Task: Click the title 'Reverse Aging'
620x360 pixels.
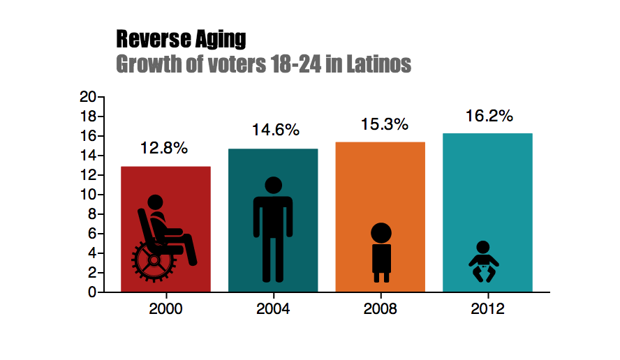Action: pos(181,38)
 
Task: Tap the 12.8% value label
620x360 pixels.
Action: pos(164,149)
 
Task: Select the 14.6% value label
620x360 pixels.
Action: pos(276,130)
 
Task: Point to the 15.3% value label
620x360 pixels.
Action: pos(384,125)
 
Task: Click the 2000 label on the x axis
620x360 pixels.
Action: pos(165,309)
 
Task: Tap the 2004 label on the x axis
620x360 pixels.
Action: pos(273,309)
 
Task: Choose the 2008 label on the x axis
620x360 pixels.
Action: pos(381,309)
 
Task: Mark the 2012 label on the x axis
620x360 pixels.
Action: pos(487,309)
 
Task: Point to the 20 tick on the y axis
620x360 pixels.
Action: pos(87,97)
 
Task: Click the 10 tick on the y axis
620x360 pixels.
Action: pos(87,195)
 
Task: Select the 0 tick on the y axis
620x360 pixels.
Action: pos(91,292)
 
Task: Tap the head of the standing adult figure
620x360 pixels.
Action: pos(273,186)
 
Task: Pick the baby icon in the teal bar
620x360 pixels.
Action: pos(483,262)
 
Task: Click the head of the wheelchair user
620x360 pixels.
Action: pos(155,203)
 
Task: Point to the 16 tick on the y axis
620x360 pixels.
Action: pos(87,136)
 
